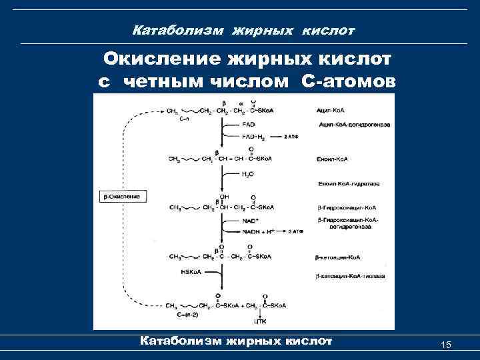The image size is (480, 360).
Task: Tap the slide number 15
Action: click(447, 344)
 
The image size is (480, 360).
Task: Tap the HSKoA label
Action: click(191, 271)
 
